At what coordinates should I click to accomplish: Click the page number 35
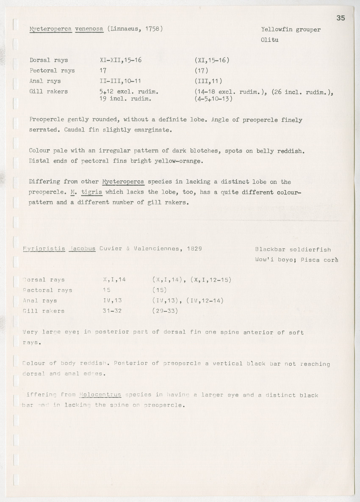pos(341,18)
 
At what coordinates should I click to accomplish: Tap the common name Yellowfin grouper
pos(291,30)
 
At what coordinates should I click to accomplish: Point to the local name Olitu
pos(269,40)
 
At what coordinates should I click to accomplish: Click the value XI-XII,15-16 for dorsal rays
pos(120,60)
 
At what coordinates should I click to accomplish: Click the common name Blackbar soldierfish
pos(293,250)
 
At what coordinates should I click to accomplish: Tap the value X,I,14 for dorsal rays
pos(114,280)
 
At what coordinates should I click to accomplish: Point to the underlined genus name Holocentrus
pos(100,395)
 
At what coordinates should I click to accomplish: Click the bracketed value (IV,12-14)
pos(205,301)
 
